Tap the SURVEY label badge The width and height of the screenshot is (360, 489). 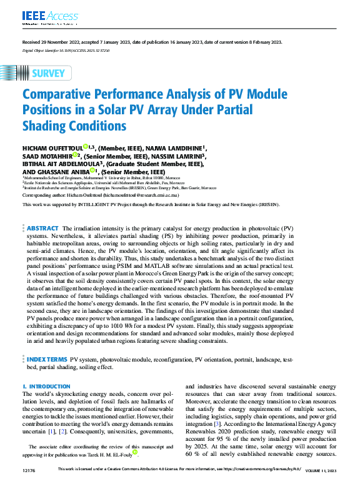(x=44, y=73)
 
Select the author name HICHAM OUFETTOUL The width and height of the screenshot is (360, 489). (x=52, y=147)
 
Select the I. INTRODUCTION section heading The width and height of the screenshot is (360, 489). (x=46, y=387)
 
